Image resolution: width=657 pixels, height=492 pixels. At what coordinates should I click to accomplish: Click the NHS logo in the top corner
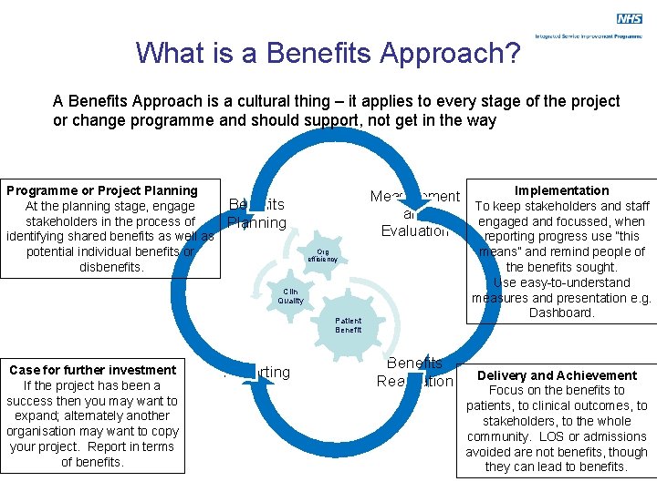click(x=629, y=18)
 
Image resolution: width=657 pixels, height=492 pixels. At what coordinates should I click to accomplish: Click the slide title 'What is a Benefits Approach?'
click(x=328, y=53)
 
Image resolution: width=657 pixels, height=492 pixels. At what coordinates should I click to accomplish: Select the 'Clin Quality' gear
click(x=290, y=295)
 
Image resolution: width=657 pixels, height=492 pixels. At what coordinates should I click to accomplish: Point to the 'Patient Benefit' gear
click(x=348, y=325)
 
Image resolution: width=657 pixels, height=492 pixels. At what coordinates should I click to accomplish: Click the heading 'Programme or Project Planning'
click(x=102, y=190)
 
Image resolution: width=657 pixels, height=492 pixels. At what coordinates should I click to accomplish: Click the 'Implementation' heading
click(x=561, y=190)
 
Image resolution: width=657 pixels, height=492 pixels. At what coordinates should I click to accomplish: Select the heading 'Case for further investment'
click(x=92, y=370)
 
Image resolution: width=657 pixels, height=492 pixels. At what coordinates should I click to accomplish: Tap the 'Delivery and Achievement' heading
click(x=557, y=375)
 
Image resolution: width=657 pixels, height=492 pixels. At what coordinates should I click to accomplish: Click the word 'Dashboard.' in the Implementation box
click(x=561, y=313)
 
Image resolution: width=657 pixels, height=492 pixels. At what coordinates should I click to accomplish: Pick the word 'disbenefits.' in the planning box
click(x=111, y=267)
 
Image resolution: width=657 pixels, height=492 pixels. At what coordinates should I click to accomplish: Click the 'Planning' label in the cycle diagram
click(x=256, y=223)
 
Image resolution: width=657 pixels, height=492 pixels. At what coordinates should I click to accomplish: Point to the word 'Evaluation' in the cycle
click(x=415, y=231)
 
